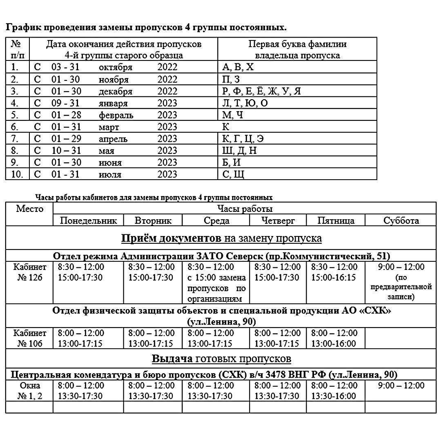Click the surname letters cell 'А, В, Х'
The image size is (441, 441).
click(x=238, y=67)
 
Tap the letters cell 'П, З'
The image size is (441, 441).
click(x=231, y=79)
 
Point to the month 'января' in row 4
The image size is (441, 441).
click(x=113, y=103)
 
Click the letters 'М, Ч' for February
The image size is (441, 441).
click(x=232, y=115)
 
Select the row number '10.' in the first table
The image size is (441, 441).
click(x=17, y=174)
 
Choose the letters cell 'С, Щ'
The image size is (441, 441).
click(x=233, y=174)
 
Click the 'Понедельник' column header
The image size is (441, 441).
click(x=88, y=220)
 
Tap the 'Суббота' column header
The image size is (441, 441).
click(x=401, y=220)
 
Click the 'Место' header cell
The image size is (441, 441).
click(x=29, y=209)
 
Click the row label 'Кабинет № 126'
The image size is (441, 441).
click(x=29, y=272)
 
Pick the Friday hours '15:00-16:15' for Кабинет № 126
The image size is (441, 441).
click(x=334, y=278)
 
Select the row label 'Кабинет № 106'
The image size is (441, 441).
click(x=29, y=339)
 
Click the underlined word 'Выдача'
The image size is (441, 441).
click(x=172, y=359)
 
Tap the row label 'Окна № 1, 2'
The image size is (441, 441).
click(x=29, y=391)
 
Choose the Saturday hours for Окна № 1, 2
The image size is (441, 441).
click(x=401, y=385)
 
